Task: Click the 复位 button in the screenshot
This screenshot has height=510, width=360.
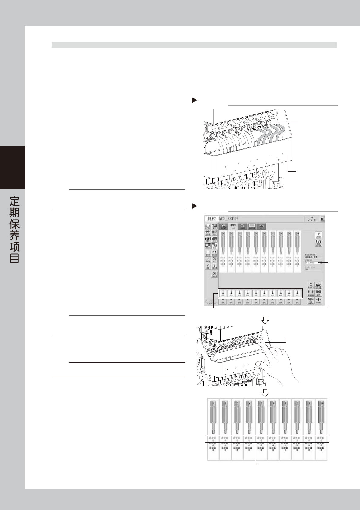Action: pyautogui.click(x=211, y=219)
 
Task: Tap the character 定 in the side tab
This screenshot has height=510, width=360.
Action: pyautogui.click(x=15, y=201)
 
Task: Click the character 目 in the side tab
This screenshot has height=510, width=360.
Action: pyautogui.click(x=15, y=259)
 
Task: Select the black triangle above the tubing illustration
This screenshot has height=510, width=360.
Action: pyautogui.click(x=194, y=100)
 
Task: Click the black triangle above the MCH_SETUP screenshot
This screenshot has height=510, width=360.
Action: pyautogui.click(x=194, y=206)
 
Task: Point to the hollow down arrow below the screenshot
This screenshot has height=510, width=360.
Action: pyautogui.click(x=265, y=320)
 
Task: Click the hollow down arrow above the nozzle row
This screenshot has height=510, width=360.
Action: pyautogui.click(x=265, y=393)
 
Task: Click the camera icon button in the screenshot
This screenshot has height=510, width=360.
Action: pyautogui.click(x=318, y=293)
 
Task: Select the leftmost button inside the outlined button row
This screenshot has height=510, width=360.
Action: pyautogui.click(x=223, y=293)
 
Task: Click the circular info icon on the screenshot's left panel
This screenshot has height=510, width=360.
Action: pyautogui.click(x=214, y=274)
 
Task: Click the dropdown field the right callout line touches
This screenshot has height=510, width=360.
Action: pyautogui.click(x=313, y=263)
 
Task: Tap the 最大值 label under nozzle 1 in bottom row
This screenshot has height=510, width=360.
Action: pyautogui.click(x=213, y=438)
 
